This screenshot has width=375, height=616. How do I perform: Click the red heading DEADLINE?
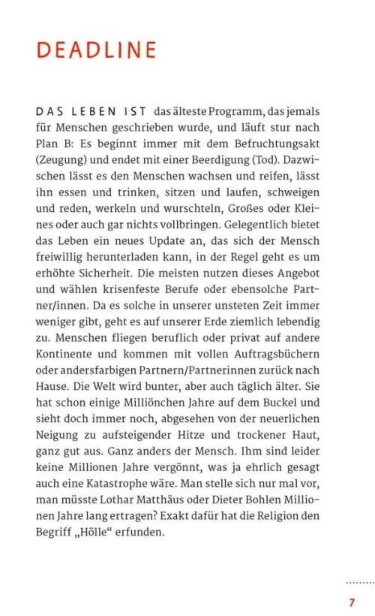96,50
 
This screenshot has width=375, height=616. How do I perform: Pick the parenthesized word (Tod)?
265,160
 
